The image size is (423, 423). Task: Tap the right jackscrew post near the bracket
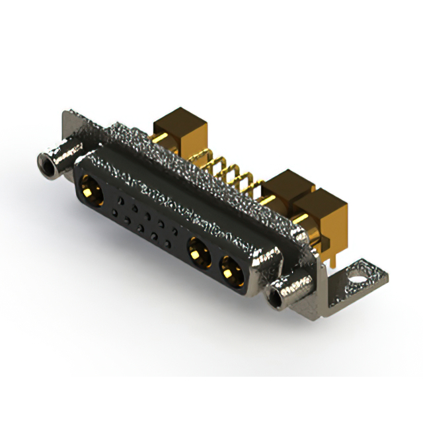[291, 291]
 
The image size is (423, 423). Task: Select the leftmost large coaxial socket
[91, 188]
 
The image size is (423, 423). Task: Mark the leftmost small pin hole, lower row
[115, 212]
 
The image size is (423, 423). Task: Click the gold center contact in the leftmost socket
[90, 191]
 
